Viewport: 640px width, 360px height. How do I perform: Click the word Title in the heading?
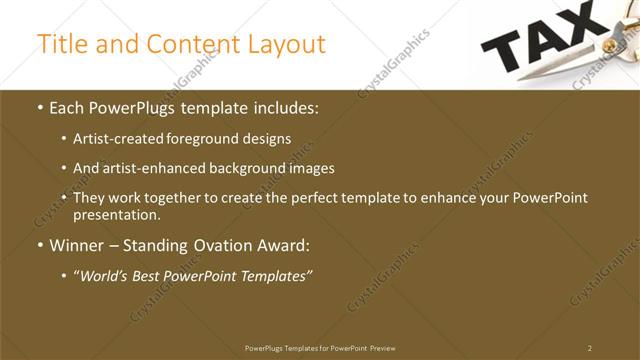(60, 44)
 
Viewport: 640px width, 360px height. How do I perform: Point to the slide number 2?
(590, 348)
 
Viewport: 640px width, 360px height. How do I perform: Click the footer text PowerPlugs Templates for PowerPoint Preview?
(320, 348)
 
